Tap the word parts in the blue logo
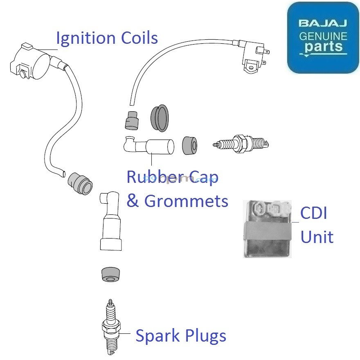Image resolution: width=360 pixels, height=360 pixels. [x=323, y=47]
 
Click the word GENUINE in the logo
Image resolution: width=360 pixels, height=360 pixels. [x=323, y=36]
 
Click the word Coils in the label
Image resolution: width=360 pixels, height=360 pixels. [x=139, y=38]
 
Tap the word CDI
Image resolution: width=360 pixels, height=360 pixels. [x=314, y=214]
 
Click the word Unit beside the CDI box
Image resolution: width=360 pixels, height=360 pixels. [x=317, y=237]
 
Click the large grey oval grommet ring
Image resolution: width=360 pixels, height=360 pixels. [x=160, y=118]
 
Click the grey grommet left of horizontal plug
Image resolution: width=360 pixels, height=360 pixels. [x=189, y=145]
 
